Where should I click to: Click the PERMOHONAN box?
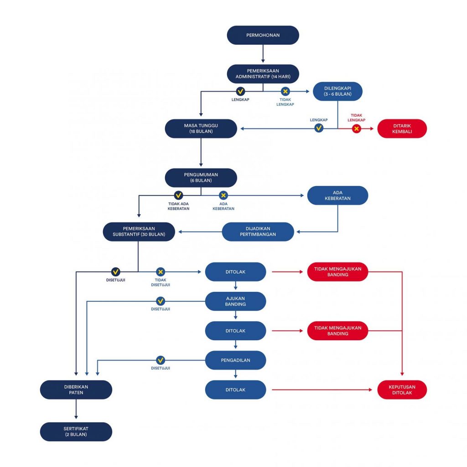pyautogui.click(x=263, y=35)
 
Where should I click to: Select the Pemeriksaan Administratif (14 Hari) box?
pyautogui.click(x=263, y=73)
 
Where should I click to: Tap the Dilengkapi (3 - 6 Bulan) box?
pyautogui.click(x=337, y=91)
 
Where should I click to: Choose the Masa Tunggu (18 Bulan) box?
pyautogui.click(x=201, y=129)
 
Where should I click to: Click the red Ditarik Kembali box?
pyautogui.click(x=402, y=129)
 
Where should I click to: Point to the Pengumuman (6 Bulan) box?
pyautogui.click(x=201, y=177)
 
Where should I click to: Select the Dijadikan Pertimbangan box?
pyautogui.click(x=258, y=231)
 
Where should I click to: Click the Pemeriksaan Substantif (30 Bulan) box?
pyautogui.click(x=139, y=231)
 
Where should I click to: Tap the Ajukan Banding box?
pyautogui.click(x=235, y=301)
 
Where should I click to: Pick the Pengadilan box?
pyautogui.click(x=235, y=360)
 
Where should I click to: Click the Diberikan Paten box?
pyautogui.click(x=76, y=389)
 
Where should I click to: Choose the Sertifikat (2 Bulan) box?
pyautogui.click(x=76, y=431)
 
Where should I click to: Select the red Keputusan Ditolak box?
pyautogui.click(x=402, y=389)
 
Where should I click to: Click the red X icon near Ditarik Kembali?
pyautogui.click(x=356, y=129)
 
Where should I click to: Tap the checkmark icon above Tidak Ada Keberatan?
pyautogui.click(x=178, y=195)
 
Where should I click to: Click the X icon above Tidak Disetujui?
pyautogui.click(x=160, y=272)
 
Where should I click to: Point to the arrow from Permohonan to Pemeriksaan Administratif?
pyautogui.click(x=263, y=54)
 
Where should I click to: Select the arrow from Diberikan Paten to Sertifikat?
pyautogui.click(x=76, y=409)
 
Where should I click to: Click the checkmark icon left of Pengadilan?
pyautogui.click(x=160, y=360)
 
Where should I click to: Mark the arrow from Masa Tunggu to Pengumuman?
pyautogui.click(x=201, y=152)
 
